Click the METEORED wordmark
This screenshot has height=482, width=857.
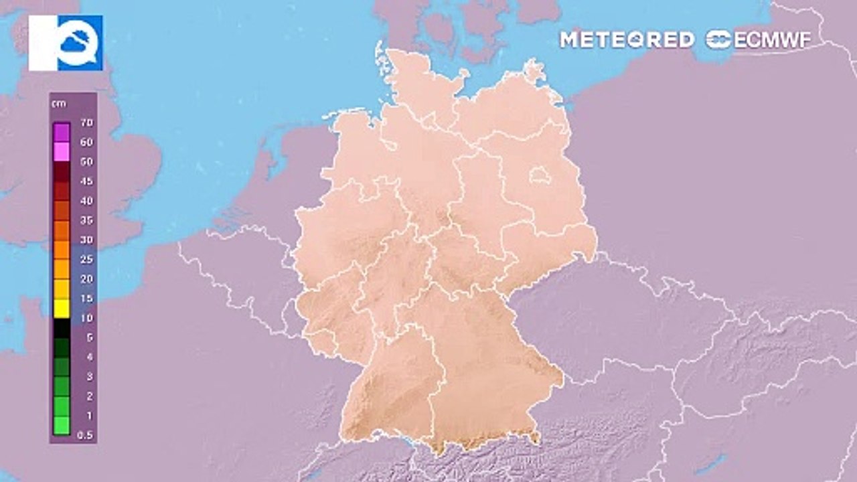[627, 39]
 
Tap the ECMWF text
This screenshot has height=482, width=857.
[773, 39]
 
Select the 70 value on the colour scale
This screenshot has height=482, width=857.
[86, 123]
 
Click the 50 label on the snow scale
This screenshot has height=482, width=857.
[86, 162]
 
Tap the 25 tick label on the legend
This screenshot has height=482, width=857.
[86, 259]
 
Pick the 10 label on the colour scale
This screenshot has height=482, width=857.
[86, 318]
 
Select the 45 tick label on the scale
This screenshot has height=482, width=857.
[86, 181]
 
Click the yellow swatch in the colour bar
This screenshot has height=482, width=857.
[62, 308]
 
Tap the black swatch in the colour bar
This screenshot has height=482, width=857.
[62, 328]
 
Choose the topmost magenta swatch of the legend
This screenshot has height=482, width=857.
[62, 132]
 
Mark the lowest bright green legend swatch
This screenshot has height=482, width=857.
[62, 426]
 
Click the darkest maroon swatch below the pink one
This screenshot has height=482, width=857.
[62, 171]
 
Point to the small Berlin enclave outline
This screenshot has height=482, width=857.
[539, 176]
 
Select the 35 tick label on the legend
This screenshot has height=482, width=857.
[86, 220]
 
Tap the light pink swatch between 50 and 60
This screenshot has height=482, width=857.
[62, 152]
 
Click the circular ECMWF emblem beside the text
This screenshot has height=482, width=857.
[718, 39]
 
